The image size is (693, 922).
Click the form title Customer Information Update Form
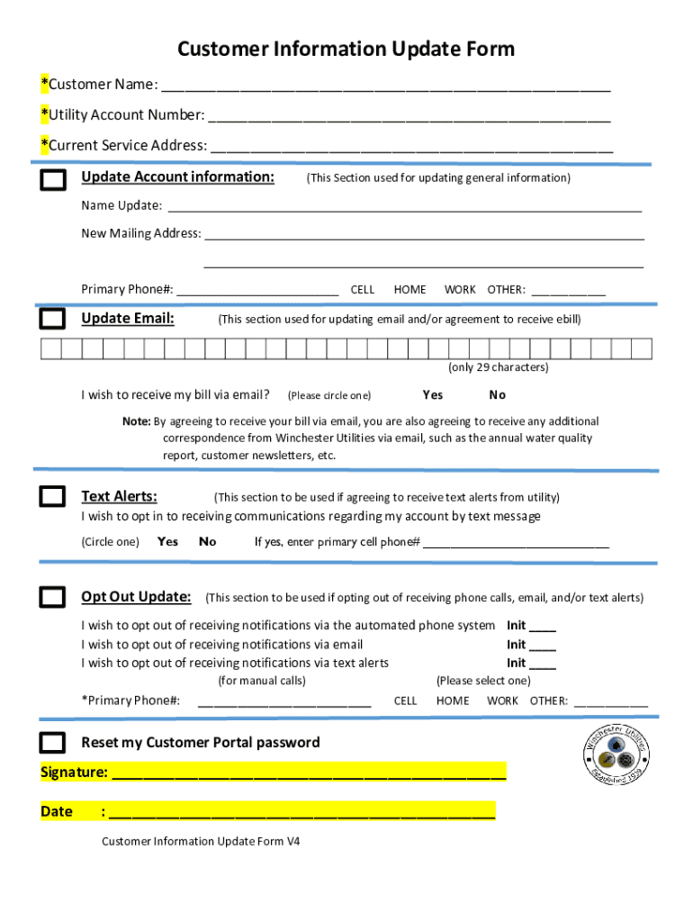pyautogui.click(x=346, y=49)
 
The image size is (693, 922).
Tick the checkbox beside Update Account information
pyautogui.click(x=53, y=179)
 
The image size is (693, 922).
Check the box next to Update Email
pyautogui.click(x=53, y=319)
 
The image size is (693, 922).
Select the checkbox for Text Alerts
pyautogui.click(x=53, y=496)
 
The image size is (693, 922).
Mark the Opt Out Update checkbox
pyautogui.click(x=53, y=596)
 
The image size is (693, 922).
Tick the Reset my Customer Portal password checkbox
pyautogui.click(x=53, y=743)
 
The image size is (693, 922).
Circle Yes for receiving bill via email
pyautogui.click(x=432, y=394)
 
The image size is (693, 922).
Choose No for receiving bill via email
pyautogui.click(x=498, y=394)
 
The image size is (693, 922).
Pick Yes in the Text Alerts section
pyautogui.click(x=167, y=541)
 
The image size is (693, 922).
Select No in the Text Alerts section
pyautogui.click(x=208, y=541)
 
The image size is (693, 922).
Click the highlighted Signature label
pyautogui.click(x=75, y=772)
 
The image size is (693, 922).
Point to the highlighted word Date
pyautogui.click(x=57, y=811)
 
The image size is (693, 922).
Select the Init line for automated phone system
pyautogui.click(x=543, y=628)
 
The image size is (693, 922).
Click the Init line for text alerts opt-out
pyautogui.click(x=543, y=666)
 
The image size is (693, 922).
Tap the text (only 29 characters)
pyautogui.click(x=498, y=367)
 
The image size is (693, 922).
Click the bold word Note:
pyautogui.click(x=137, y=421)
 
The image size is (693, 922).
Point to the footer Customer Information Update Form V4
pyautogui.click(x=201, y=841)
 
